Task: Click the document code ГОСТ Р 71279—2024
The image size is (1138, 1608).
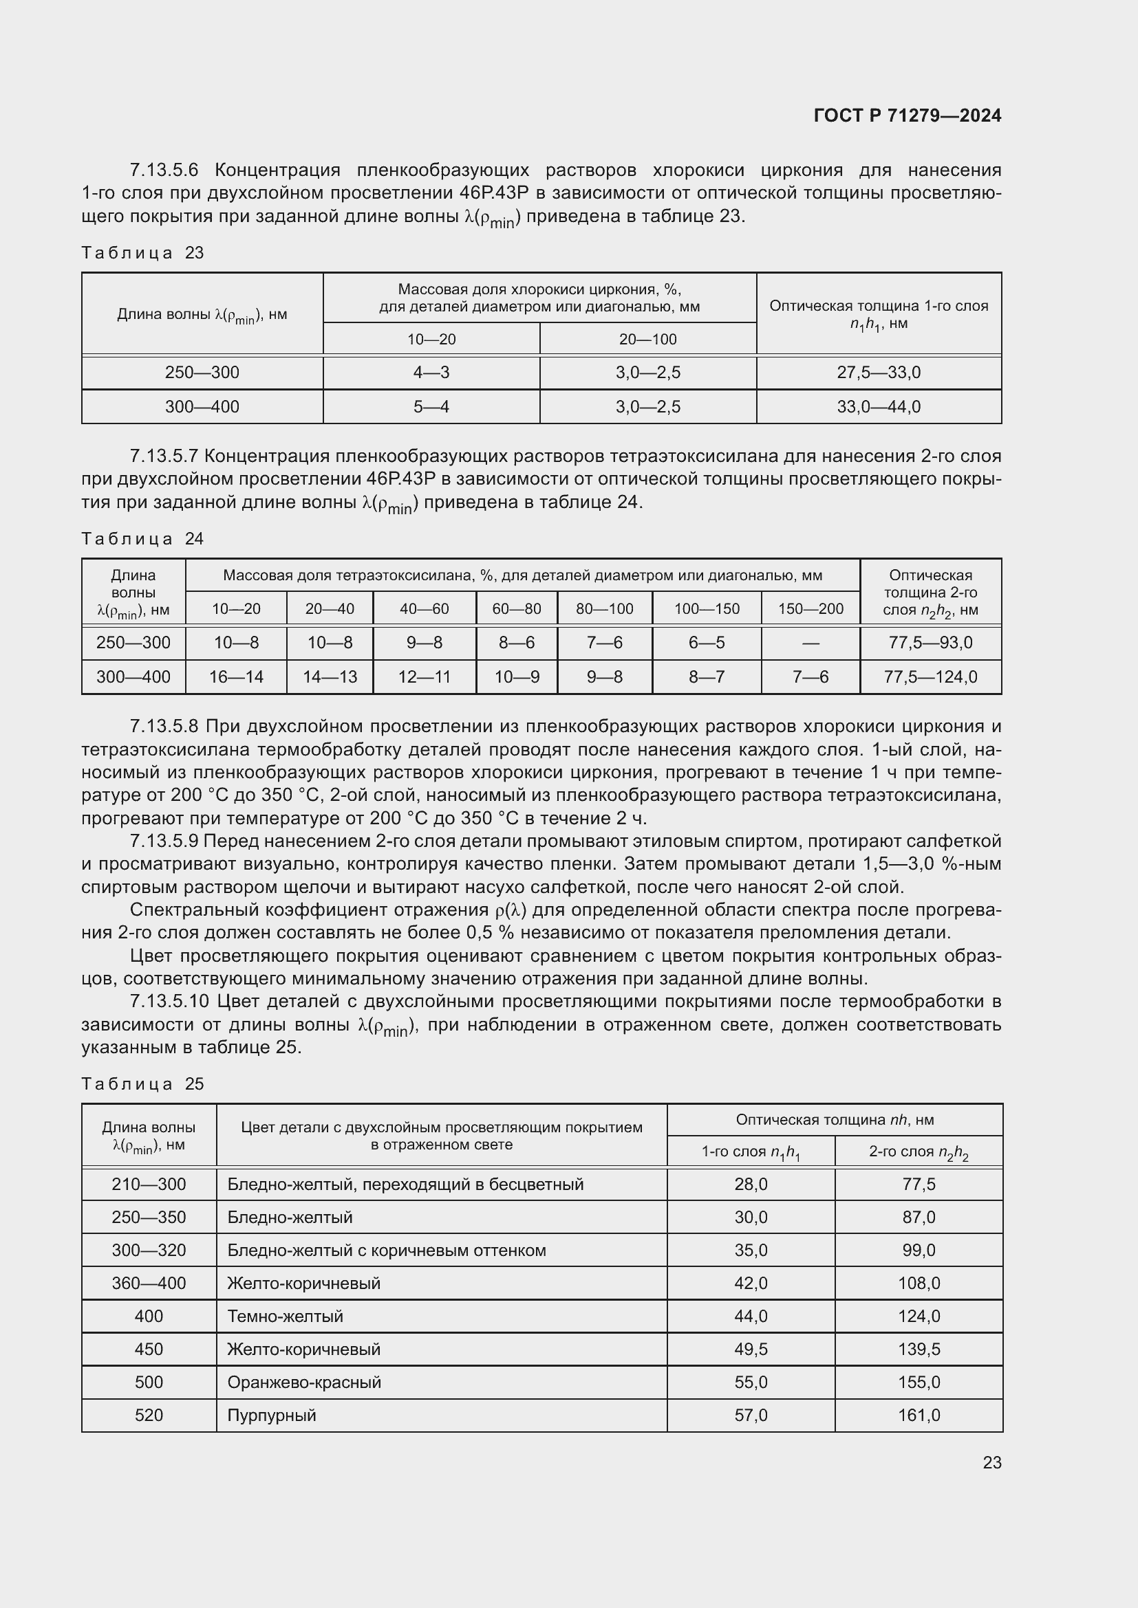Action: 908,115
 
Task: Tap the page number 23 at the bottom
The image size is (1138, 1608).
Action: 991,1462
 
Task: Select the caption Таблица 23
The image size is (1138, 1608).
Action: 142,253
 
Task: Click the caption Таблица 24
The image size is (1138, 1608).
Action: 142,538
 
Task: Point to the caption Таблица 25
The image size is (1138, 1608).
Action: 142,1083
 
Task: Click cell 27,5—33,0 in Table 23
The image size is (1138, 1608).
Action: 879,373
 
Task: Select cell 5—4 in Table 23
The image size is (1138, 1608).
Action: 431,407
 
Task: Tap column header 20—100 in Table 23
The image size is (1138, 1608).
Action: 647,340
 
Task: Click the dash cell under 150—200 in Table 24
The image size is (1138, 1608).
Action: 810,643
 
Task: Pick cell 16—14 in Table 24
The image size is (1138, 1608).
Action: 236,677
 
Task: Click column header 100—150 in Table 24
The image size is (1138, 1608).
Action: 707,609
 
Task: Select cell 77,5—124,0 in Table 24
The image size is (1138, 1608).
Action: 931,677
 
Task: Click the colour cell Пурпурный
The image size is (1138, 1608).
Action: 272,1416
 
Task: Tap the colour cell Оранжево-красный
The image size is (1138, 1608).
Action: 304,1383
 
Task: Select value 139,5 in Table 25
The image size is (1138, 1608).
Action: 919,1350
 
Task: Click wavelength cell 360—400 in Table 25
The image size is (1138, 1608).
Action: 149,1284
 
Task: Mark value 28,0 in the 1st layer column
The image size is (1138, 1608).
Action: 751,1185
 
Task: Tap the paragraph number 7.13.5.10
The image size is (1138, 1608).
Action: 169,1002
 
